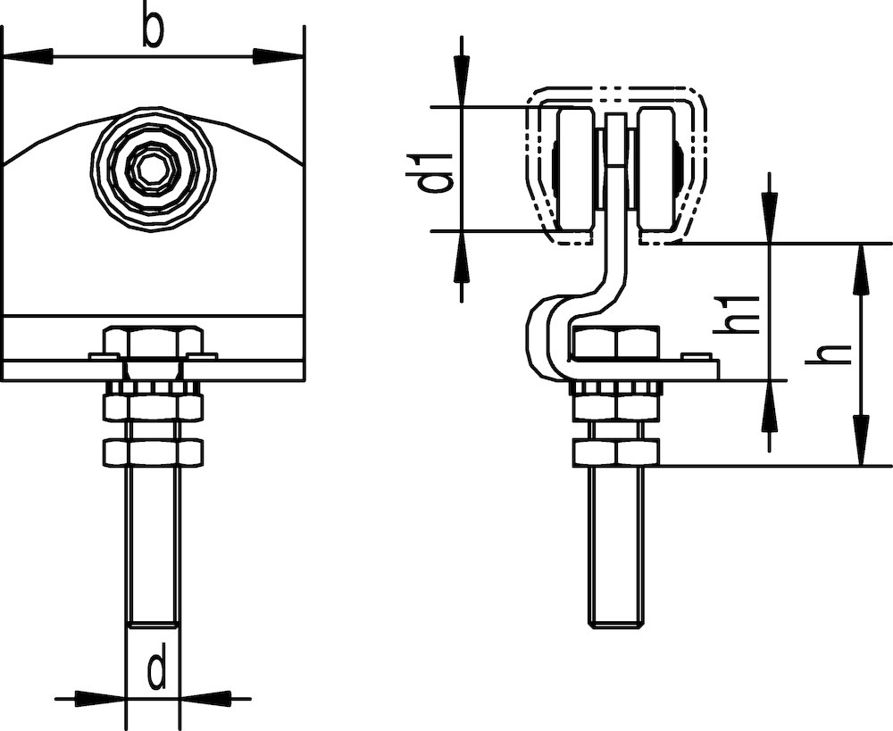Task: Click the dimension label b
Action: [x=153, y=29]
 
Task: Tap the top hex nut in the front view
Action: [x=153, y=342]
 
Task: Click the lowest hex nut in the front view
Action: [x=152, y=451]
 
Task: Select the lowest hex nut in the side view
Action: [x=615, y=453]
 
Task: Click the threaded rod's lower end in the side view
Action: [x=615, y=616]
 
